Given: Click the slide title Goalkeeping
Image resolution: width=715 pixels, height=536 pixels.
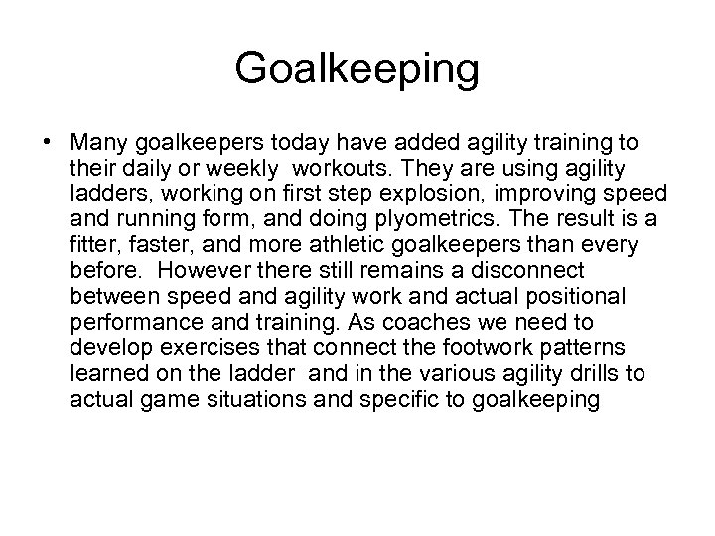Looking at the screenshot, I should [357, 69].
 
